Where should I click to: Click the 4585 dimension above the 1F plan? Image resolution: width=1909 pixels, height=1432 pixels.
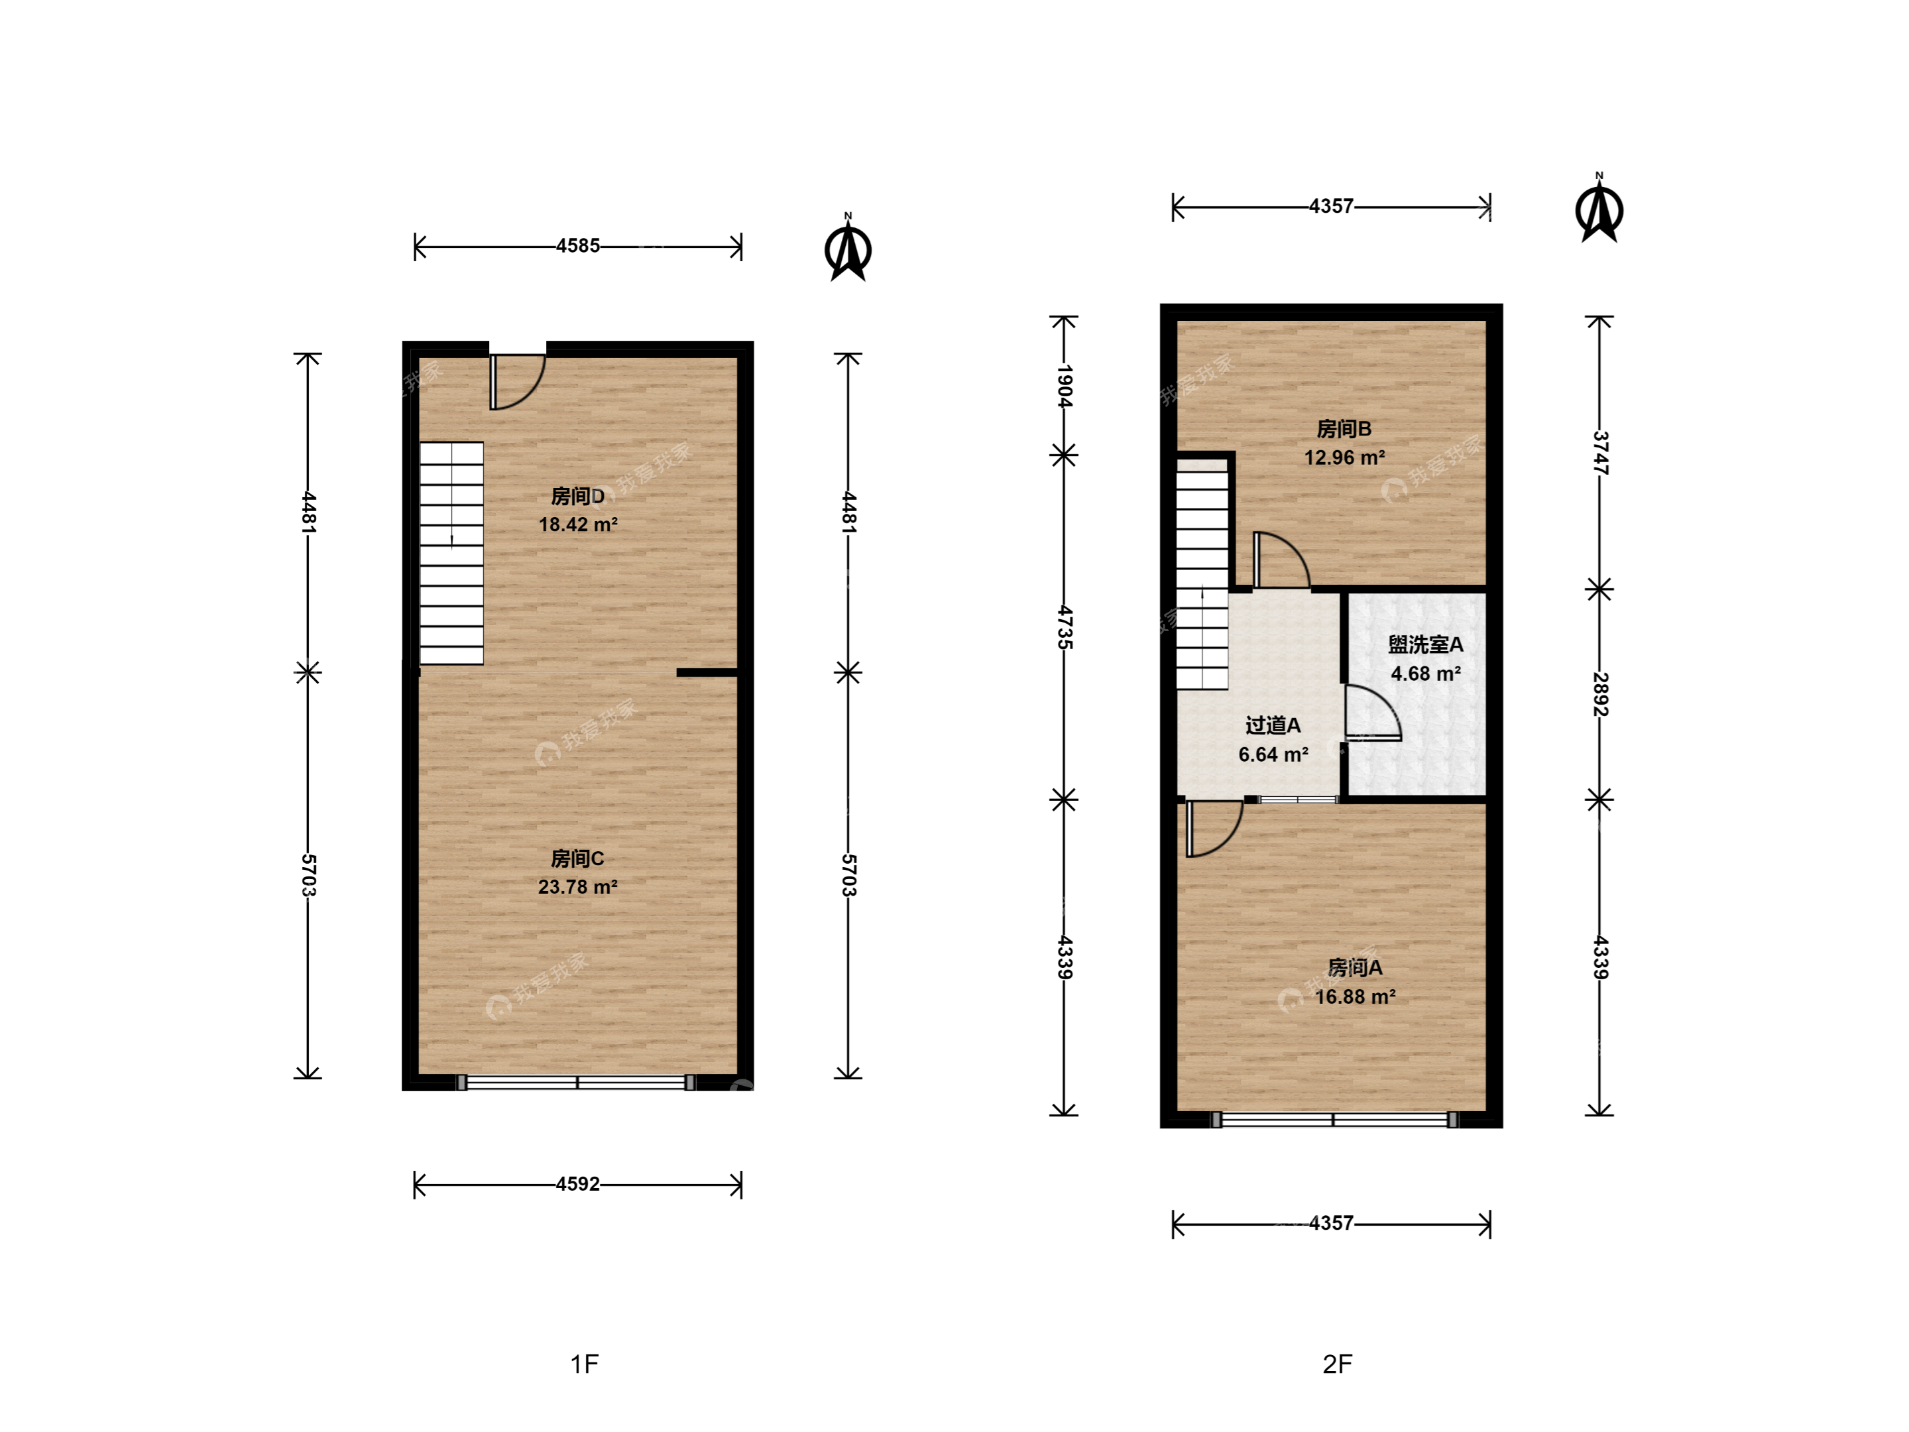[577, 246]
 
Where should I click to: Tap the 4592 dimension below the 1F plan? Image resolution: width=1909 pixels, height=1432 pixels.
[577, 1184]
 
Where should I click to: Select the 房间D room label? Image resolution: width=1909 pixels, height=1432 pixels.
[577, 497]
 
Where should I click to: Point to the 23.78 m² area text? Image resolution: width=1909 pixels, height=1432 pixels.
[577, 886]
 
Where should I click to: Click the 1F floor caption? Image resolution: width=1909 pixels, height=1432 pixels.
[584, 1364]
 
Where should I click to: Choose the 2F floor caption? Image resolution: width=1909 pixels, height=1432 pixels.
[1337, 1364]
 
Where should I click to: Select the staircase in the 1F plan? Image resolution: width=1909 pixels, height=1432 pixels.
[451, 554]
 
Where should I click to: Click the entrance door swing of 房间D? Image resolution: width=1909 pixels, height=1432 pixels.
[517, 381]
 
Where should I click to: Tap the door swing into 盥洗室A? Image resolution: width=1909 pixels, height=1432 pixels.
[1372, 713]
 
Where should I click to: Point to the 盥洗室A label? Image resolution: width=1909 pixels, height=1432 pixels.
[1425, 645]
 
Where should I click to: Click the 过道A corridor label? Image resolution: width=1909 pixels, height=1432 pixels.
[1273, 725]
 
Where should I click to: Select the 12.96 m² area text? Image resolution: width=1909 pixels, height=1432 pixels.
[1344, 457]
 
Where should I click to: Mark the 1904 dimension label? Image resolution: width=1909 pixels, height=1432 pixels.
[1064, 386]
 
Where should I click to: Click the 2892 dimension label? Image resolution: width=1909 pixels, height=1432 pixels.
[1599, 694]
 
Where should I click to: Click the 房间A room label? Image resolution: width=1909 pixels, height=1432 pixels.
[1355, 968]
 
